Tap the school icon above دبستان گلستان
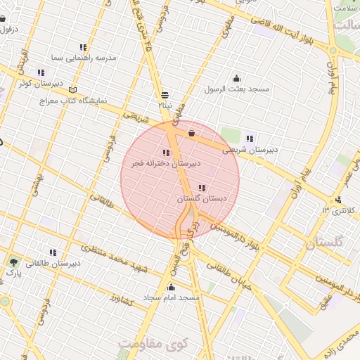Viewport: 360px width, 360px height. pyautogui.click(x=202, y=188)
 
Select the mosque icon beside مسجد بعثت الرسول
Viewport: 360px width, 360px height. pyautogui.click(x=236, y=79)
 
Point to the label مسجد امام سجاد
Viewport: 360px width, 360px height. pyautogui.click(x=172, y=298)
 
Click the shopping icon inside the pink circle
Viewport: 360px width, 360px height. pyautogui.click(x=191, y=133)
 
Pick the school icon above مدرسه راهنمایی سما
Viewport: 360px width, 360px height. pyautogui.click(x=84, y=46)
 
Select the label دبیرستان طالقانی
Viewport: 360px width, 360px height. pyautogui.click(x=53, y=264)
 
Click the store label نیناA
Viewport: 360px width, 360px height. pyautogui.click(x=165, y=105)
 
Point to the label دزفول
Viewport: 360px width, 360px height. pyautogui.click(x=8, y=30)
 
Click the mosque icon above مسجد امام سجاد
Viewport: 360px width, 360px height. pyautogui.click(x=172, y=287)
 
